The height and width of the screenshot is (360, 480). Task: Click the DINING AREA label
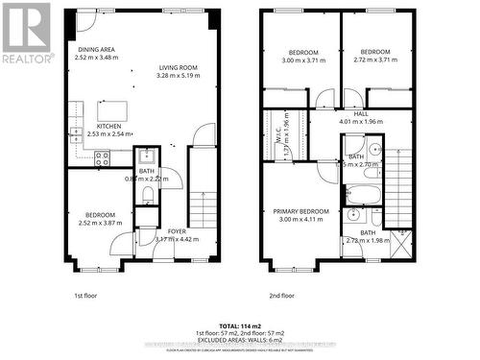96,49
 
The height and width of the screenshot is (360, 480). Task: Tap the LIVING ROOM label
180,67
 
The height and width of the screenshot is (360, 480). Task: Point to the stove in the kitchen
100,160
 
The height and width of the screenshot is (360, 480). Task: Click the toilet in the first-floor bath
147,195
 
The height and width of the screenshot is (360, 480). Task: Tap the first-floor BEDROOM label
99,214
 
